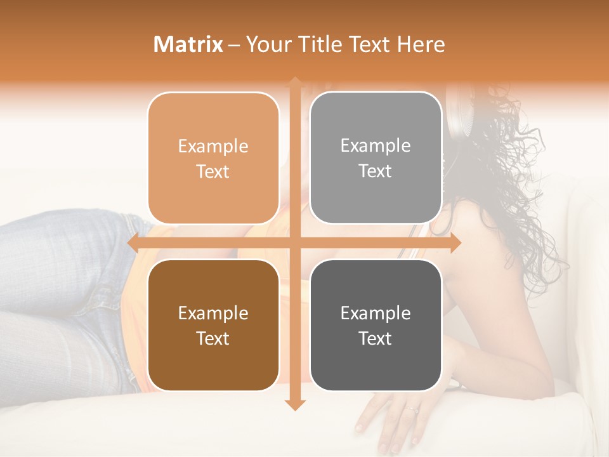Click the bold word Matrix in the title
(188, 44)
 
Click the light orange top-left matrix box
(213, 159)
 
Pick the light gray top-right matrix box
(376, 158)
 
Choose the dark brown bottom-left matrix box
(213, 326)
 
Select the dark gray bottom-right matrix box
(376, 326)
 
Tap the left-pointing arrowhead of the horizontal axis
(134, 243)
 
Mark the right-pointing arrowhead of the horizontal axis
(455, 243)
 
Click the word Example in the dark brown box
(213, 314)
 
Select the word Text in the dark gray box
(376, 339)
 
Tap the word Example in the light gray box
(376, 146)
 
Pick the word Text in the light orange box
(213, 172)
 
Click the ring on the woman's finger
(413, 409)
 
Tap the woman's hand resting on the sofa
(393, 419)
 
